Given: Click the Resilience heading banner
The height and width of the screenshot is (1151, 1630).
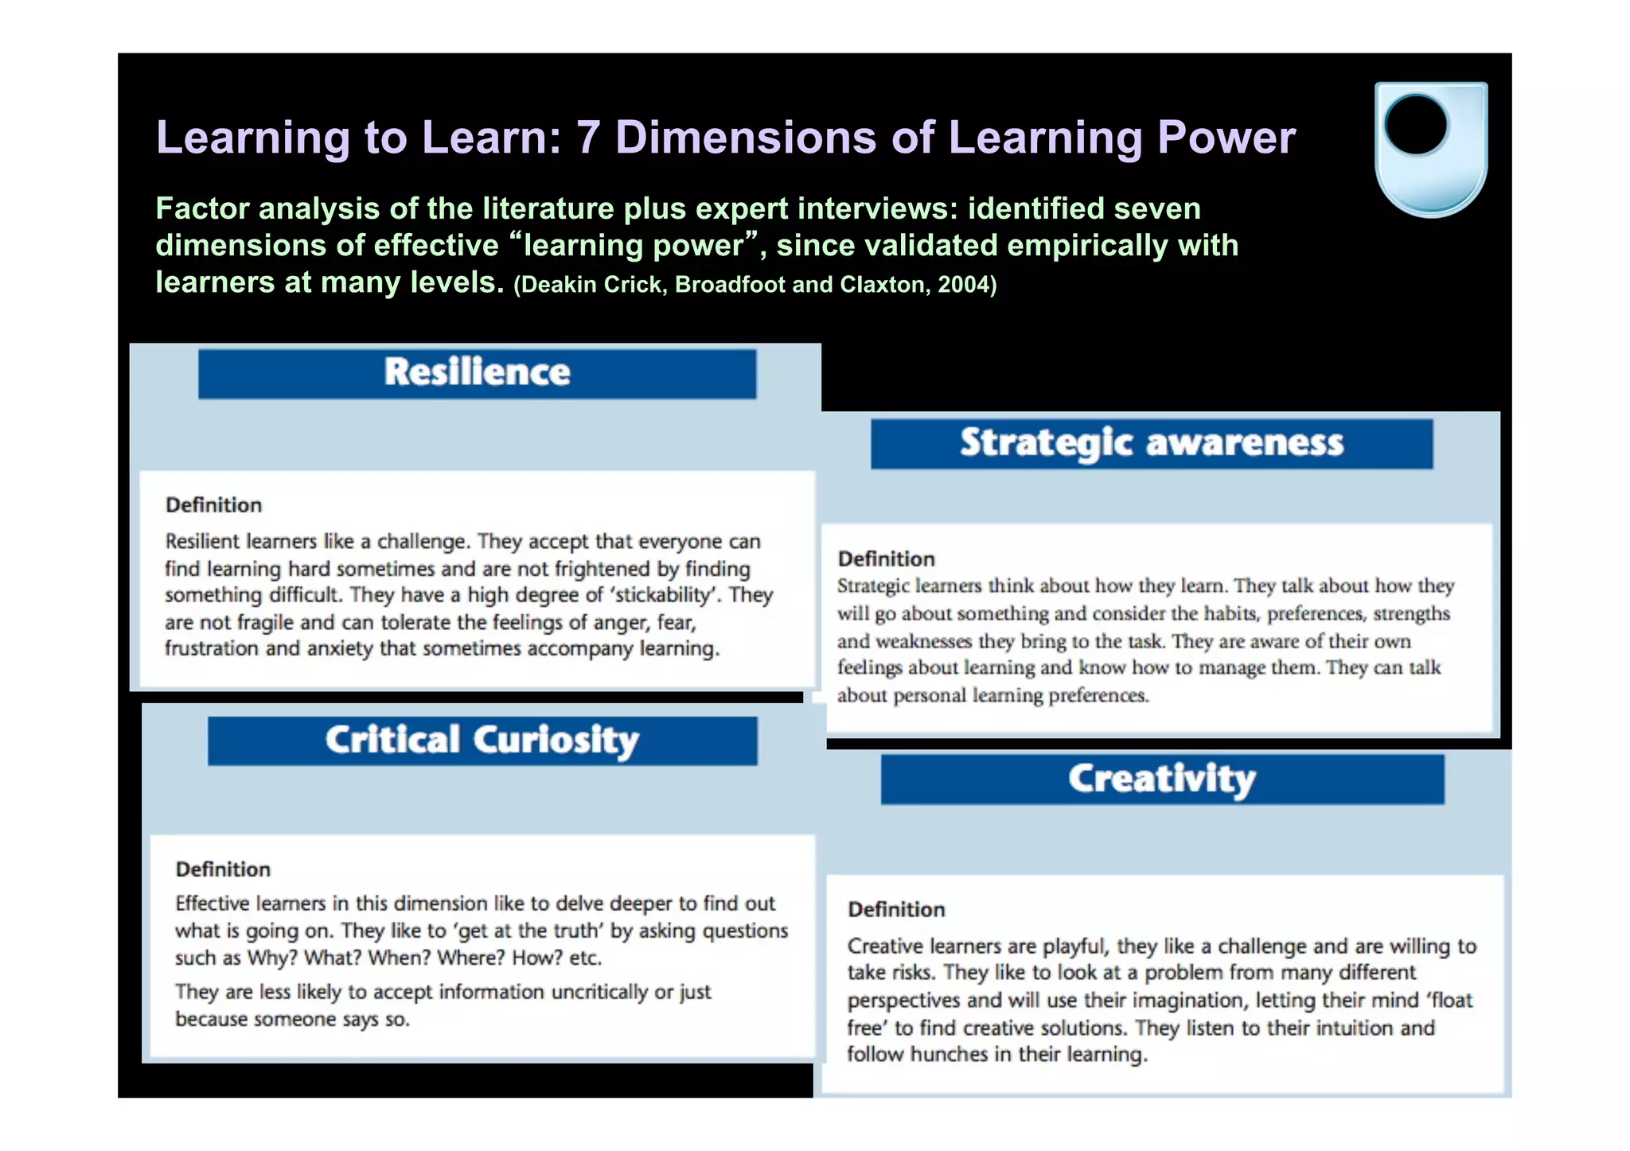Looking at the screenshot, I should [x=477, y=373].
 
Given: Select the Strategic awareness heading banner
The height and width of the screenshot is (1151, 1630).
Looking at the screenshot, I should [x=1151, y=443].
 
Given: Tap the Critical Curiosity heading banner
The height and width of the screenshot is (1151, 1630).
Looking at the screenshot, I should [x=482, y=741].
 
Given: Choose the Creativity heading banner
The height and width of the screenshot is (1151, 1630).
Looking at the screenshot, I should [x=1161, y=779].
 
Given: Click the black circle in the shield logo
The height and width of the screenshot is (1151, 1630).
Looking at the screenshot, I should [x=1416, y=126].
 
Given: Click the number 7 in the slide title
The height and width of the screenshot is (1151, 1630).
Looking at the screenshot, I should [x=587, y=137].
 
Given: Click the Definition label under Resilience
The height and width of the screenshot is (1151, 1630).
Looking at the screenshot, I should [x=213, y=505].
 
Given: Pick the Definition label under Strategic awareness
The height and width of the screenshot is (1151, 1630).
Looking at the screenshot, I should [x=886, y=558].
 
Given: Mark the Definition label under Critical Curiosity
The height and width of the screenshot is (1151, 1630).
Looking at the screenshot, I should [x=223, y=869].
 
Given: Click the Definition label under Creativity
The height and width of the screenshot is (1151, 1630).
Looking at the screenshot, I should [x=896, y=909].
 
